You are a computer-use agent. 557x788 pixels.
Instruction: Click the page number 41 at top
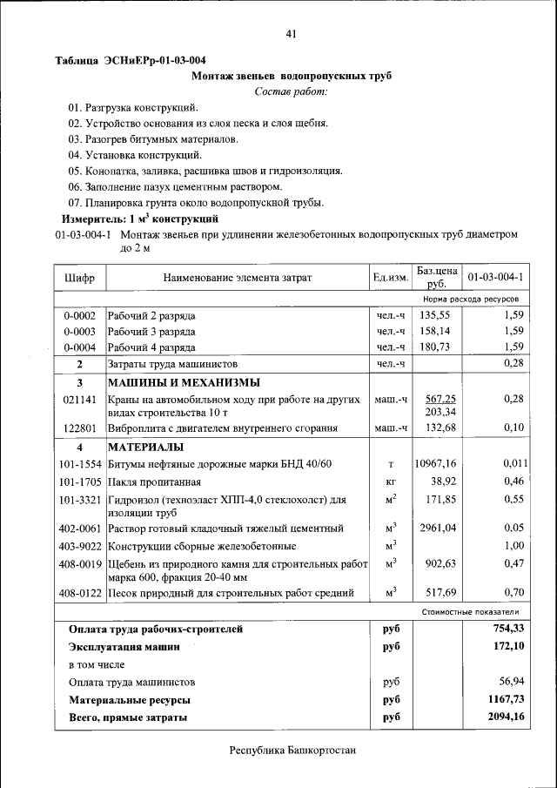click(x=292, y=34)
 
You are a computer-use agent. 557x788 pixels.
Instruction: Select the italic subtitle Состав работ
click(x=292, y=91)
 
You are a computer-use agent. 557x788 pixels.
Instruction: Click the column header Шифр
click(x=79, y=278)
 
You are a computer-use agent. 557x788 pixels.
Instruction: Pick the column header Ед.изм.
click(x=391, y=278)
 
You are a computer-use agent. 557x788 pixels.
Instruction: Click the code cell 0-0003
click(x=79, y=331)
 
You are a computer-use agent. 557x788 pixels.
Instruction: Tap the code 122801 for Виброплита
click(x=79, y=428)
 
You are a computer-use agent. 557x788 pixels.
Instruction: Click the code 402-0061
click(x=80, y=529)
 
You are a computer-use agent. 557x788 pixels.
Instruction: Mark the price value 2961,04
click(x=438, y=529)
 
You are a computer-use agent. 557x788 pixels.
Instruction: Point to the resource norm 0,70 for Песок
click(x=513, y=594)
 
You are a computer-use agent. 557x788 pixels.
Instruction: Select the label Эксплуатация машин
click(x=125, y=647)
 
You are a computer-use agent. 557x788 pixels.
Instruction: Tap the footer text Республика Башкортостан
click(x=292, y=751)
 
